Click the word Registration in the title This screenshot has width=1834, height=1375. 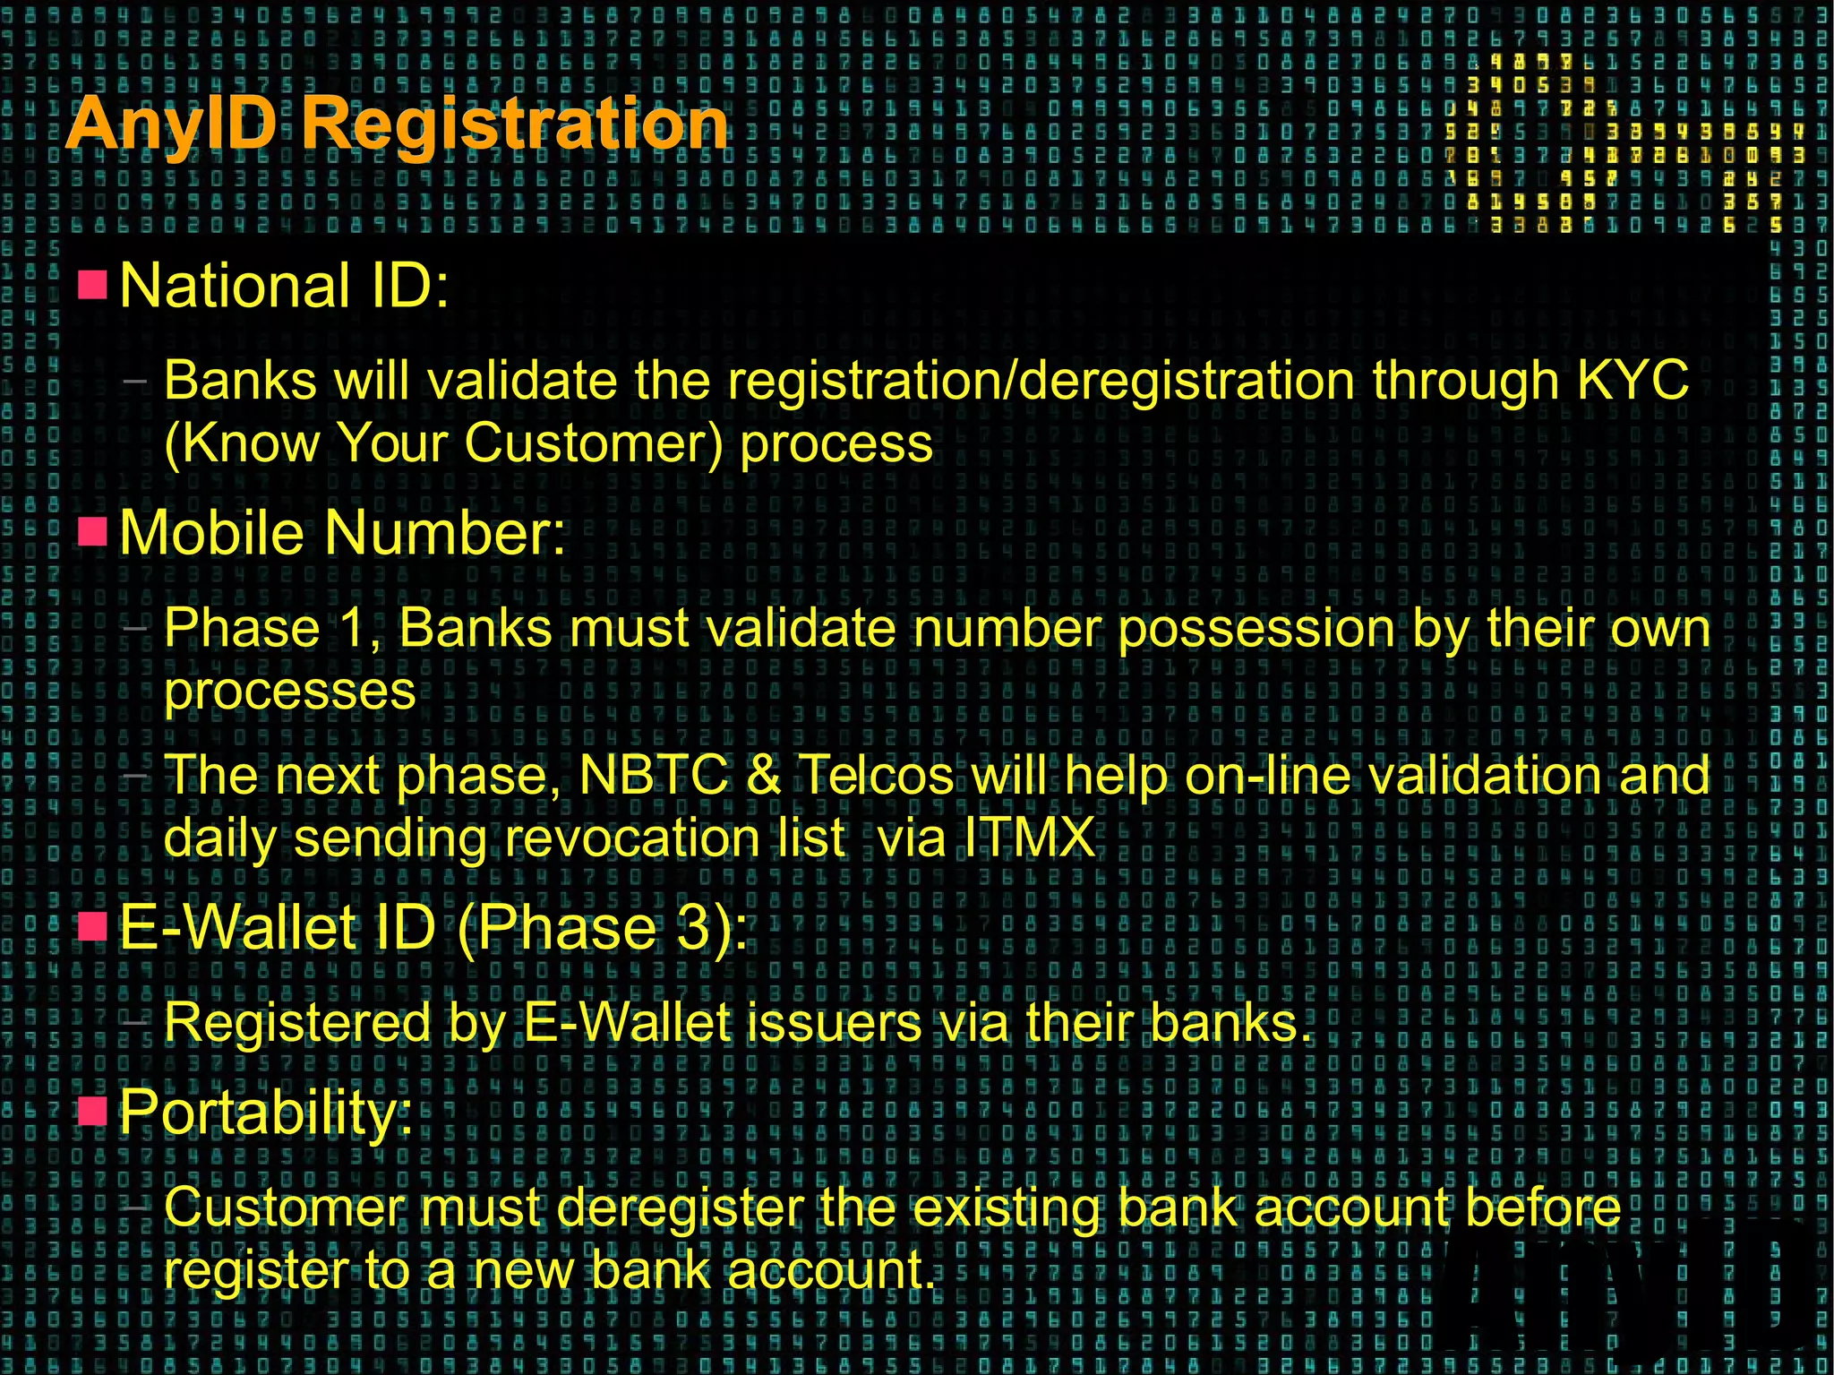514,124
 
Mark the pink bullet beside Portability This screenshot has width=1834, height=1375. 92,1111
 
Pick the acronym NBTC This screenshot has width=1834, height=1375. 654,775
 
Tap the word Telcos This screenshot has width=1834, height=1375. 876,775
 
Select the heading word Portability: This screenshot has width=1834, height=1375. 266,1112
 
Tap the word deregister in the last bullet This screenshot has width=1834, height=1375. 680,1207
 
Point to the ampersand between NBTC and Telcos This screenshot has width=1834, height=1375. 763,775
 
